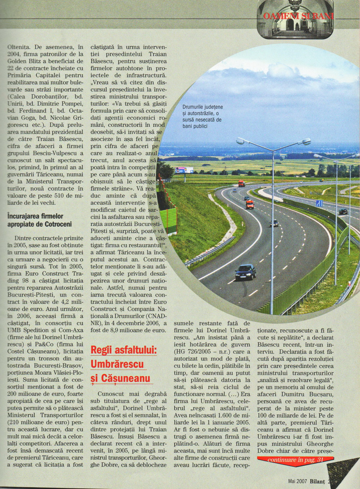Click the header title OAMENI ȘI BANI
[298, 16]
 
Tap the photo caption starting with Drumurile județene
[202, 116]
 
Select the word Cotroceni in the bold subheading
[58, 224]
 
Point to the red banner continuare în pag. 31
[295, 460]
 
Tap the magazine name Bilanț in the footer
[318, 481]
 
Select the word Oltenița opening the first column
[19, 47]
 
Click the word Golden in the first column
[17, 61]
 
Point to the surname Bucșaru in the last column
[318, 394]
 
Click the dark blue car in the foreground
[246, 272]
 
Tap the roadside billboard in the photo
[184, 170]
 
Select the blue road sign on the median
[319, 204]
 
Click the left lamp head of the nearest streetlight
[240, 141]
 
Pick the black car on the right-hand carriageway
[343, 212]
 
